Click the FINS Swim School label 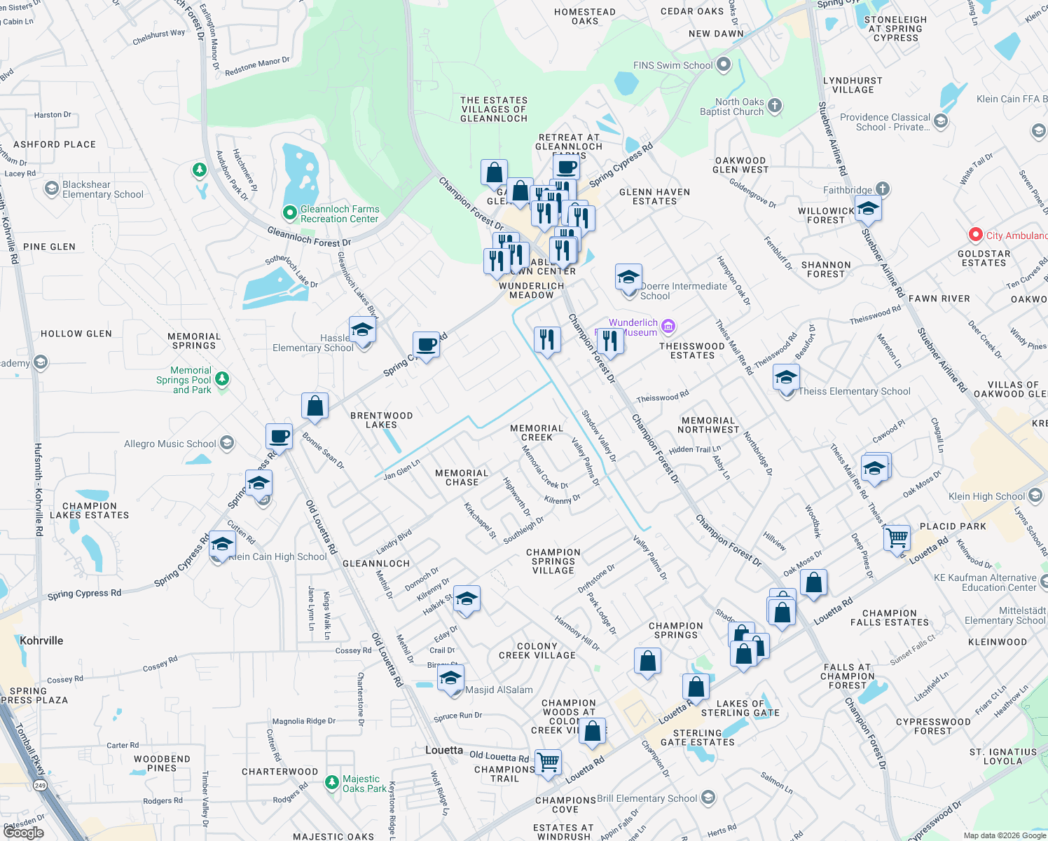pos(673,65)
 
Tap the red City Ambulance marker pos(975,235)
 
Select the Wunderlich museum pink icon pos(668,327)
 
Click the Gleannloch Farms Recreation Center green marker pos(289,212)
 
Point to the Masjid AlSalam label pos(499,690)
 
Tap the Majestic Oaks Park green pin pos(332,782)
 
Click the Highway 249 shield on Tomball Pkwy pos(41,786)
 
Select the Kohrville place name pos(41,641)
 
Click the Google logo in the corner pos(23,832)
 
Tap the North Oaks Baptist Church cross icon pos(774,106)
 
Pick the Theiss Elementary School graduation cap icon pos(786,378)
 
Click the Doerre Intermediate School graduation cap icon pos(628,278)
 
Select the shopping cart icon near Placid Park pos(897,538)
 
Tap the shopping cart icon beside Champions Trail pos(548,762)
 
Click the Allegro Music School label pos(170,444)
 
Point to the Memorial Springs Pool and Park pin pos(222,379)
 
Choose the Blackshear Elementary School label pos(102,189)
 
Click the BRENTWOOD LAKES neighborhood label pos(381,420)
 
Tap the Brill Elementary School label pos(647,798)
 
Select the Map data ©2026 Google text pos(1004,835)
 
